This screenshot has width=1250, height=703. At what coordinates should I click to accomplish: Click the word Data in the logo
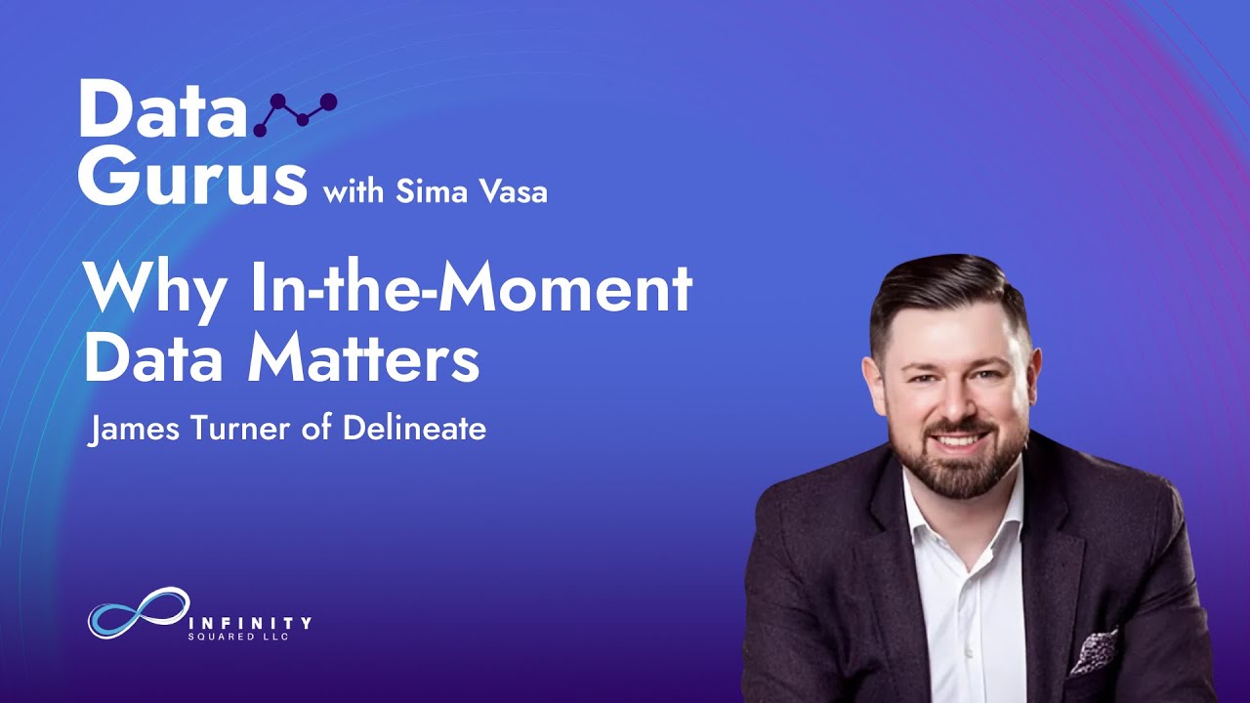click(x=162, y=109)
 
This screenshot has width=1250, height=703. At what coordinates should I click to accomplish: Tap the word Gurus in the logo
click(x=193, y=177)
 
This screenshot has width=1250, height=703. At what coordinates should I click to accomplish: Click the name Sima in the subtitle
click(x=427, y=191)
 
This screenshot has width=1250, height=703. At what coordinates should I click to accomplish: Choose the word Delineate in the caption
click(x=414, y=428)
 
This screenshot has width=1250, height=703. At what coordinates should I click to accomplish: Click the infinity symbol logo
click(x=139, y=612)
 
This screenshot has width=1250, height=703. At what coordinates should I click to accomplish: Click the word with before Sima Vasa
click(x=354, y=191)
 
